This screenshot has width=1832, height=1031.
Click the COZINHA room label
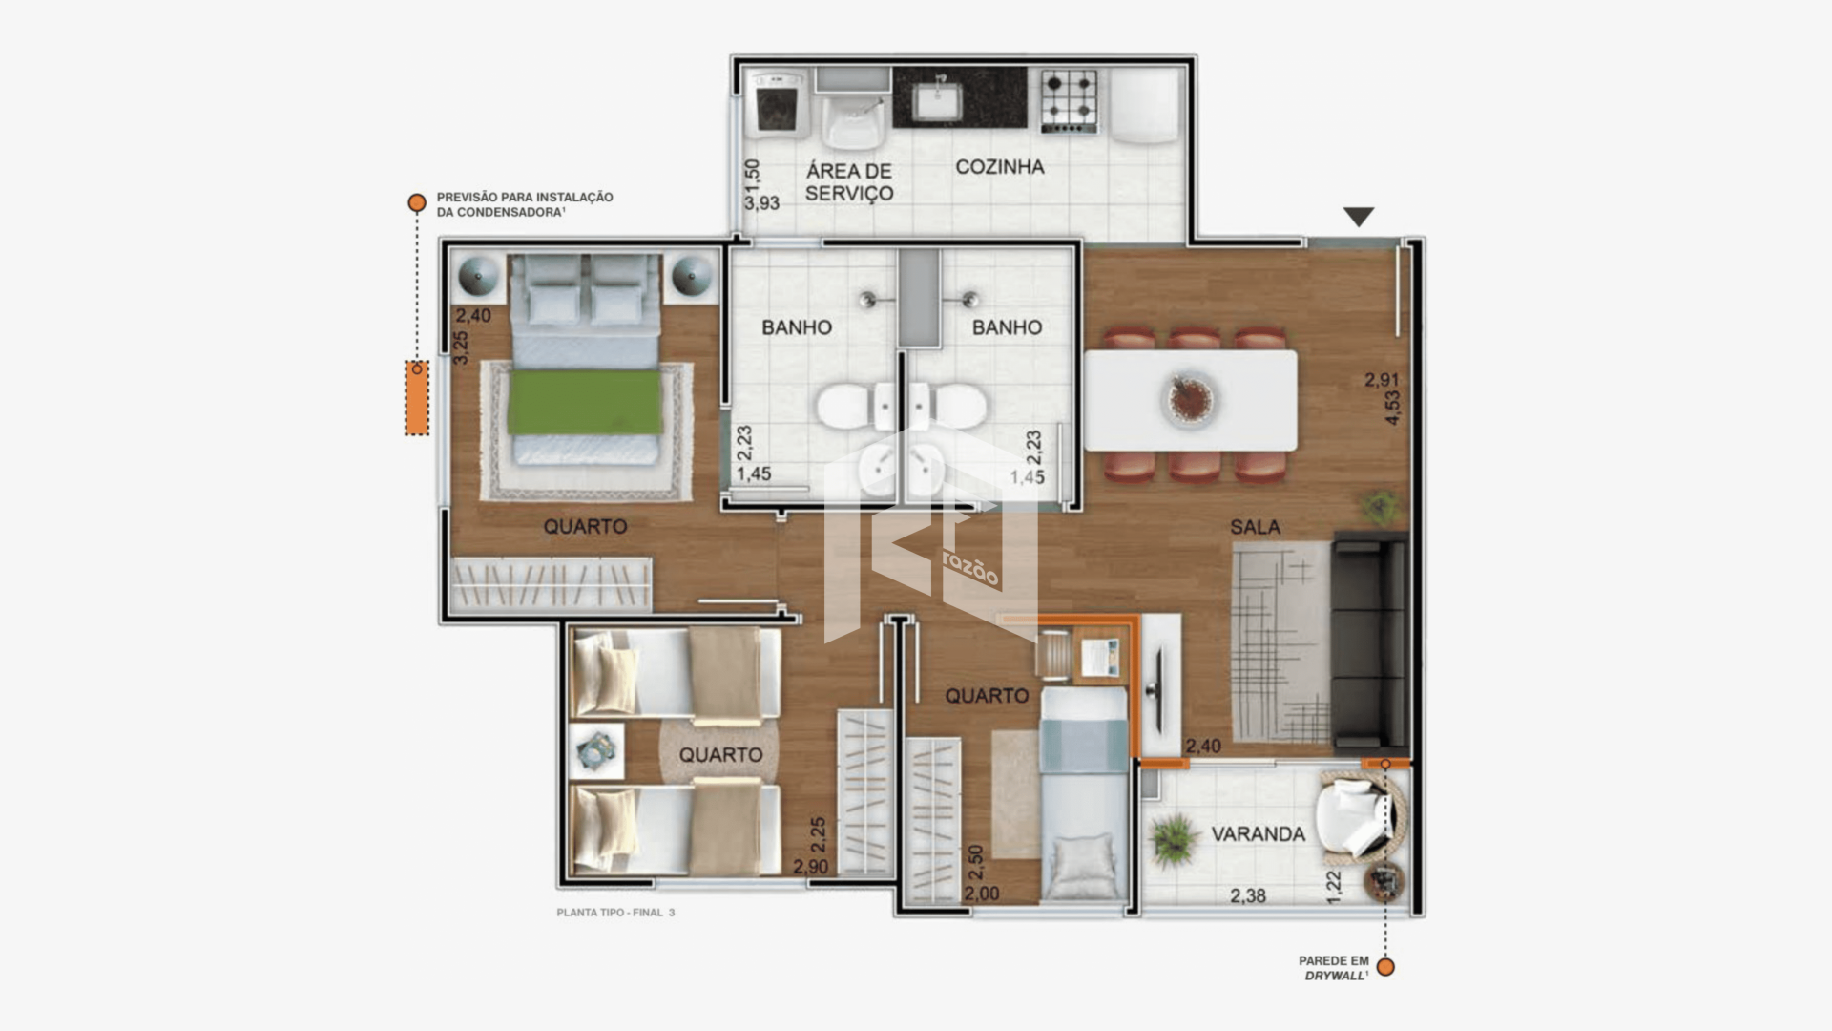tap(1000, 167)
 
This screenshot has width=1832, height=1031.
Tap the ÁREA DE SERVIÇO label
tap(849, 181)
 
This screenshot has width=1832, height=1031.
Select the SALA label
tap(1255, 527)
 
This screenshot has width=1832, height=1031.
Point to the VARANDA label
tap(1259, 834)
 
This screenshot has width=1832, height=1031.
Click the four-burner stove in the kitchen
tap(1069, 101)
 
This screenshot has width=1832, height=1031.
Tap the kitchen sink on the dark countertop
tap(940, 100)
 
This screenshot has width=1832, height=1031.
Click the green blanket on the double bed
tap(585, 401)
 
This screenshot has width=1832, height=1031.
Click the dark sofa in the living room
tap(1369, 641)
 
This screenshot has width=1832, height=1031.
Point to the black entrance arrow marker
tap(1359, 217)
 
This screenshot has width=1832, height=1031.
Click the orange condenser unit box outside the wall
tap(416, 398)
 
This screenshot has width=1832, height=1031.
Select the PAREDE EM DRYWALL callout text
tap(1334, 968)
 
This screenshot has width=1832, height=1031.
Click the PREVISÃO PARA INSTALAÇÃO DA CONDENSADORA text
tap(525, 204)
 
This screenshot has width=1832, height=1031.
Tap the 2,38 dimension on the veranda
tap(1248, 895)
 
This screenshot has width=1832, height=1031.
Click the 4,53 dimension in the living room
tap(1393, 408)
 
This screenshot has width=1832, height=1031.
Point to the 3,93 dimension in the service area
tap(762, 202)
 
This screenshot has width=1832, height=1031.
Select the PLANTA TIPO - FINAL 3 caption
tap(615, 913)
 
